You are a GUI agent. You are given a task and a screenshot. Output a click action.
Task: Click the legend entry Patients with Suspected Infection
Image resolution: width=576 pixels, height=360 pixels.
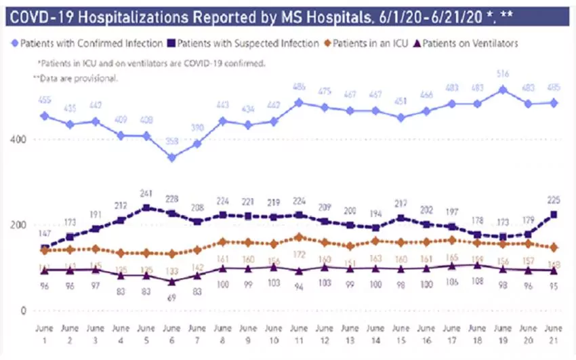pyautogui.click(x=245, y=43)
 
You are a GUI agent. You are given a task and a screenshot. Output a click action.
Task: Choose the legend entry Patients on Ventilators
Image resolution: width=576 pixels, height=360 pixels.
pyautogui.click(x=469, y=43)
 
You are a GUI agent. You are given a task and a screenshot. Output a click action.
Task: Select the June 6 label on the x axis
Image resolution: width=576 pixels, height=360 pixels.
pyautogui.click(x=172, y=332)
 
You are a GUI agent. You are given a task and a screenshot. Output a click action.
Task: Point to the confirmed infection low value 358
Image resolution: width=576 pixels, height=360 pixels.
pyautogui.click(x=172, y=142)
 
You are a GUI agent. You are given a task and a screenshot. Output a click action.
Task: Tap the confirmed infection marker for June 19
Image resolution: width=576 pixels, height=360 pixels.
pyautogui.click(x=503, y=89)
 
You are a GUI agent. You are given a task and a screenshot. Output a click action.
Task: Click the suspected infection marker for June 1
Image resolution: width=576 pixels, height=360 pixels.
pyautogui.click(x=45, y=249)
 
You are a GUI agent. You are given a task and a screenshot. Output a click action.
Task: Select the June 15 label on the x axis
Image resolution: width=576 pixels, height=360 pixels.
pyautogui.click(x=401, y=332)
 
